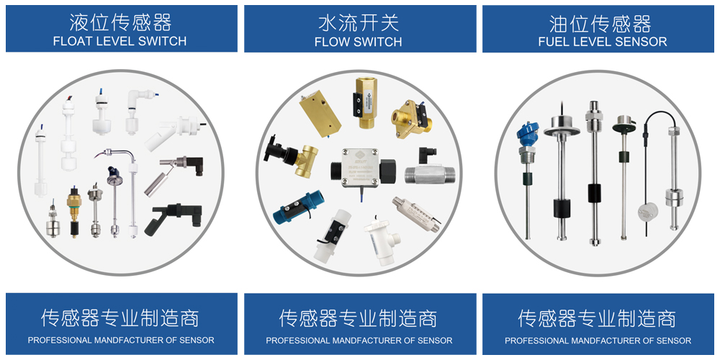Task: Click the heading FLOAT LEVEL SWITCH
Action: point(120,41)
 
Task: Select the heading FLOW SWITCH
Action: point(358,42)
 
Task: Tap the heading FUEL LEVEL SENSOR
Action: point(603,42)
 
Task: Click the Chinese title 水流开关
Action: point(359,22)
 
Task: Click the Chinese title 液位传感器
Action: point(120,22)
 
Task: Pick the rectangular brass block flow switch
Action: point(322,114)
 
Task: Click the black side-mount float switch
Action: point(173,218)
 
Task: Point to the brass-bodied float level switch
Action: point(73,212)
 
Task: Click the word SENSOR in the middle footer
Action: point(436,341)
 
